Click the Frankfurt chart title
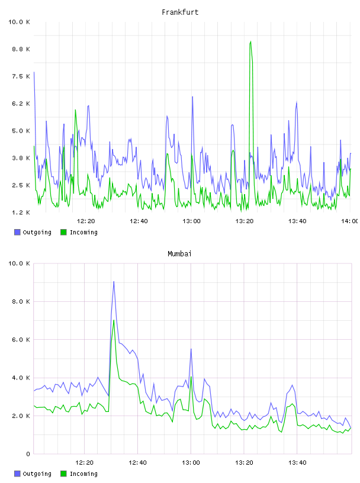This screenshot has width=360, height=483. pos(180,12)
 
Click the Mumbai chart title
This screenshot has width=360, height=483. pos(179,254)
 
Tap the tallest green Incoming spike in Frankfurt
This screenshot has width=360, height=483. pos(250,42)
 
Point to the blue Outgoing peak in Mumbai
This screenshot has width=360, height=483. pos(114,282)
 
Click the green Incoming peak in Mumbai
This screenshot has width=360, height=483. pos(114,321)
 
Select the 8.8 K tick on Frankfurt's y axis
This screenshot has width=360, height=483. pos(21,49)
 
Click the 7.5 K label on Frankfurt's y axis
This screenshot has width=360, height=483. pos(21,76)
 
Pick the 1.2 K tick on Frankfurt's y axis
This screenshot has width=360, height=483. pos(21,212)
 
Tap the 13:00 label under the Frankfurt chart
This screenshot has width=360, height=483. pos(191,221)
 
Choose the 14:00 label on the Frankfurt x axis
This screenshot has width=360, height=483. pos(350,221)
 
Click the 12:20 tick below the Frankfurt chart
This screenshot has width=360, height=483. pos(86,221)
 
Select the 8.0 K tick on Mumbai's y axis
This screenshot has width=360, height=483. pos(21,301)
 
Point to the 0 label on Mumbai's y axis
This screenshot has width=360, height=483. pos(28,454)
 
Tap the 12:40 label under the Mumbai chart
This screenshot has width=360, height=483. pos(137,463)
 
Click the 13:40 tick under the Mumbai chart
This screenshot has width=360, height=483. pos(297,463)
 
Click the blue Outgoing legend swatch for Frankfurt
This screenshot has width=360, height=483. pos(17,232)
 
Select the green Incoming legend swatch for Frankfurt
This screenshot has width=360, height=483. pos(63,232)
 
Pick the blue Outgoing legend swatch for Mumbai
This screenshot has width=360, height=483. pos(17,474)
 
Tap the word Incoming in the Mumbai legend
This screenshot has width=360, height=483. pos(83,474)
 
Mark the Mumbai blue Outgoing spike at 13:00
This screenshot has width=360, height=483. pos(191,350)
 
